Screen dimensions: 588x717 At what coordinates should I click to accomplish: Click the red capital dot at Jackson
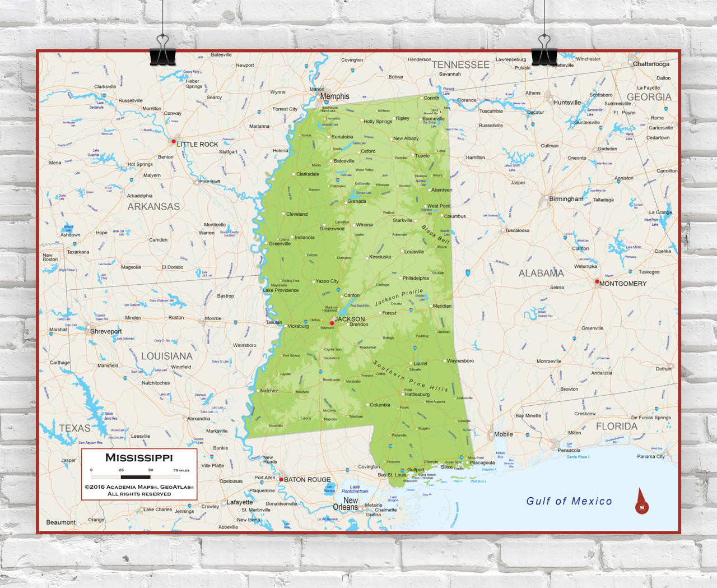coord(332,323)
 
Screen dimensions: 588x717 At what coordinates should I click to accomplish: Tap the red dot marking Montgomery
coord(597,281)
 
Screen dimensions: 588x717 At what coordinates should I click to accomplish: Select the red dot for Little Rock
coord(174,141)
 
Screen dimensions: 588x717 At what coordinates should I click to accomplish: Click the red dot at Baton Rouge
coord(281,479)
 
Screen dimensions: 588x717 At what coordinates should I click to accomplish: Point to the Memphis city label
coord(334,96)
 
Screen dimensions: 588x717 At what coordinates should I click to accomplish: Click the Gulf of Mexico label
coord(569,501)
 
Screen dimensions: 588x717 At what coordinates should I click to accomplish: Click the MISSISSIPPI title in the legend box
coord(139,457)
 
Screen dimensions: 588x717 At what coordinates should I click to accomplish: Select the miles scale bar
coord(136,476)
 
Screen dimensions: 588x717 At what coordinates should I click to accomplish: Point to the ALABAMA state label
coord(541,273)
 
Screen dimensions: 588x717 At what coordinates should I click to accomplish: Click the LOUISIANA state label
coord(166,356)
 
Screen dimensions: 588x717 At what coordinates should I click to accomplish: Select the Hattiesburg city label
coord(417,394)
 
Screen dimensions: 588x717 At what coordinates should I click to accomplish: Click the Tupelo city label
coord(422,156)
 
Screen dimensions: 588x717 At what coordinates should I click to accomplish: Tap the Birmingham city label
coord(566,199)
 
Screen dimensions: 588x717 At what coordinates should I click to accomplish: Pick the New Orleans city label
coord(346,503)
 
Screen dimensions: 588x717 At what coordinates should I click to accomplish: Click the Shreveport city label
coord(106,331)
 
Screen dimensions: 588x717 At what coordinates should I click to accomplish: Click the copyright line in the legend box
coord(139,487)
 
